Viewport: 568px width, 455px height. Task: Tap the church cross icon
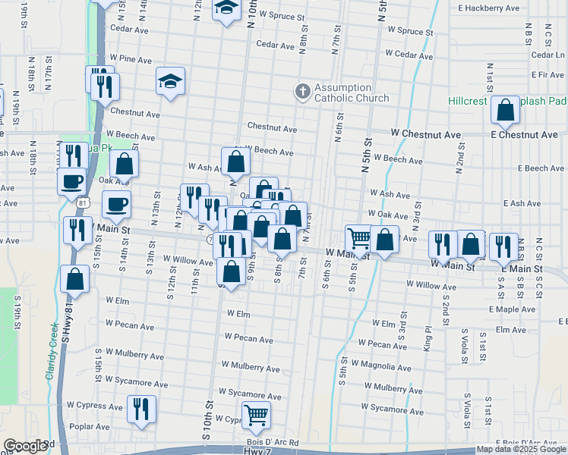[x=302, y=93]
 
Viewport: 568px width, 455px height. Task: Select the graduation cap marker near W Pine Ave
[x=171, y=82]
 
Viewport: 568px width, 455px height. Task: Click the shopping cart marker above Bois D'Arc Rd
[x=257, y=415]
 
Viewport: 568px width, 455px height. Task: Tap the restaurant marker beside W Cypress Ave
[x=140, y=409]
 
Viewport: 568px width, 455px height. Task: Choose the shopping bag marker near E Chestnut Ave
[x=505, y=111]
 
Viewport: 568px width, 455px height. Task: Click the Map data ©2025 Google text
[x=521, y=449]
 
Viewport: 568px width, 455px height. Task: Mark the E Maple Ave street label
[x=513, y=309]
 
